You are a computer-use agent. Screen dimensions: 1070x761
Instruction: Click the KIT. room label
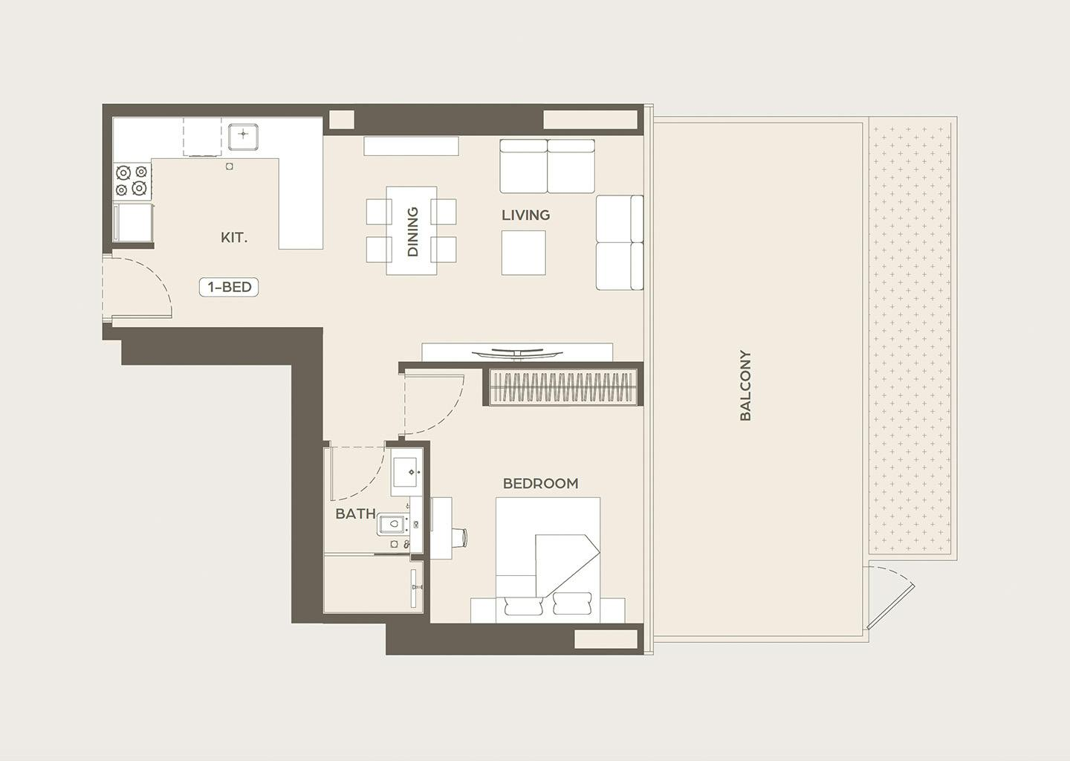(x=234, y=237)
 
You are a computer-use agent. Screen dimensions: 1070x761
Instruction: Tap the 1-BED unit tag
(x=229, y=287)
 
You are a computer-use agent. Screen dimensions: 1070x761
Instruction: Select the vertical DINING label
(x=412, y=232)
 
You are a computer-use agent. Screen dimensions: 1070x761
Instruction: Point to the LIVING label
(x=525, y=215)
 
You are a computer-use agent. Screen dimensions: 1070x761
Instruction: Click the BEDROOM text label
(x=541, y=484)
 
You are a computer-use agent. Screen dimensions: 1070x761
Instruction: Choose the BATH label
(x=355, y=514)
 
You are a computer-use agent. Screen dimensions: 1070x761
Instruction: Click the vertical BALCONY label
(x=745, y=386)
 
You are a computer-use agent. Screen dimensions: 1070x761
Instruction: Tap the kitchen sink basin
(x=243, y=136)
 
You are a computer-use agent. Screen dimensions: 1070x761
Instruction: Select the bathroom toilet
(x=392, y=524)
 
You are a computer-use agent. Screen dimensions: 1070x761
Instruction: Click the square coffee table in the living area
(x=524, y=253)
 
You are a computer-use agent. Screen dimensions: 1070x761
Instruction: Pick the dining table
(x=412, y=230)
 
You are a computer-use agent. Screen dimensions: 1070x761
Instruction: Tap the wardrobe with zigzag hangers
(x=563, y=386)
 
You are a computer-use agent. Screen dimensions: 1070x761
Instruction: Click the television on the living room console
(x=517, y=353)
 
